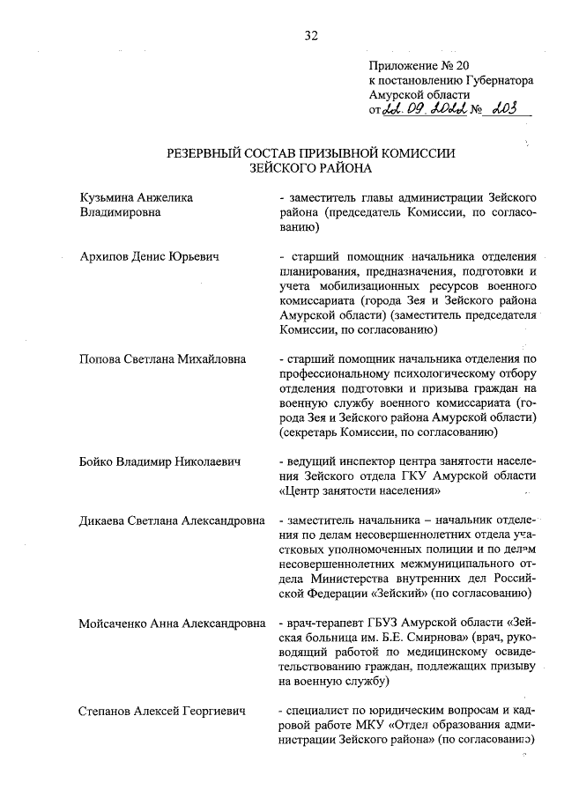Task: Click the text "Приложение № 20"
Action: pos(415,65)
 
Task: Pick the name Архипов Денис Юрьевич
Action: pos(149,256)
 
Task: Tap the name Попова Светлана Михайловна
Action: pos(163,359)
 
